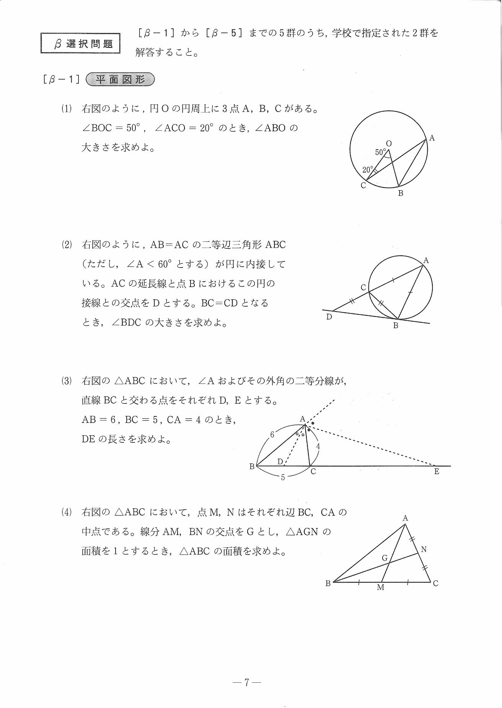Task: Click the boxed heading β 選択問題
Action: (x=80, y=44)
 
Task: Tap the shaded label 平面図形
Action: (x=120, y=80)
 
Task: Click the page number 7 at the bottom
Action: (x=247, y=682)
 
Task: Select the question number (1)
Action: (x=67, y=109)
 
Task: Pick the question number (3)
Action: (x=67, y=381)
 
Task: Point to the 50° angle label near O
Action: (x=380, y=152)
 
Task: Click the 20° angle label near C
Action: (x=368, y=170)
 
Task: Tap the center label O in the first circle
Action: (x=389, y=144)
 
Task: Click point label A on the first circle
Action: (x=432, y=138)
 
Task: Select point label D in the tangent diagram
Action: (x=329, y=317)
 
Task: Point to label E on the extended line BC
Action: (x=437, y=472)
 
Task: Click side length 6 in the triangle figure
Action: (x=272, y=434)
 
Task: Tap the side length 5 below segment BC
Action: (x=283, y=478)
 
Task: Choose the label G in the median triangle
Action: (x=385, y=558)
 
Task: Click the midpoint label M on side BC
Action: (x=380, y=587)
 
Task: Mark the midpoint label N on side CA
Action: (x=424, y=550)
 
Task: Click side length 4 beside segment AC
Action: (x=318, y=446)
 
